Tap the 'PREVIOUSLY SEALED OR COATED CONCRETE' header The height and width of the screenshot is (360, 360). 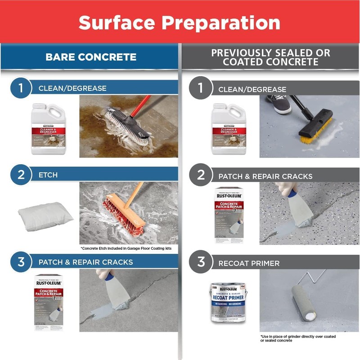pyautogui.click(x=270, y=57)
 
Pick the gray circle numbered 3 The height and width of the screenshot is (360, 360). pyautogui.click(x=201, y=261)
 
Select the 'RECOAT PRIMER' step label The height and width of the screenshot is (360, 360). pyautogui.click(x=249, y=262)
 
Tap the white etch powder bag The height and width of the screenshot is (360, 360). pyautogui.click(x=45, y=216)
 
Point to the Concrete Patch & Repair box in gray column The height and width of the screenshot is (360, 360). pyautogui.click(x=229, y=215)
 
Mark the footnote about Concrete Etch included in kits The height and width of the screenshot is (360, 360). pyautogui.click(x=126, y=248)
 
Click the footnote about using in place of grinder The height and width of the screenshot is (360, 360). pyautogui.click(x=297, y=338)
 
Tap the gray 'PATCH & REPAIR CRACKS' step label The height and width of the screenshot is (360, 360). pyautogui.click(x=265, y=176)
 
